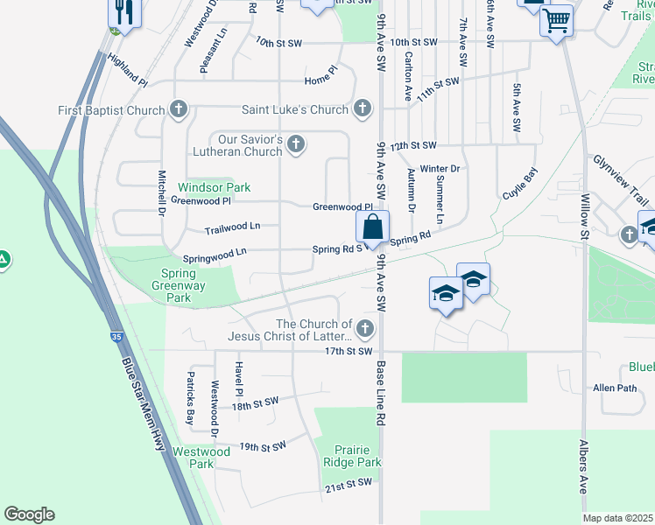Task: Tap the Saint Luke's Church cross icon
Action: click(363, 110)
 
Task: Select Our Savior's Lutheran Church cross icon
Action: click(296, 144)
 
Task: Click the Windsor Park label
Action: click(214, 187)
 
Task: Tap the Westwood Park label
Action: click(201, 458)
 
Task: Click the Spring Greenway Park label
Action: click(173, 285)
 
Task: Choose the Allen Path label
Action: click(614, 388)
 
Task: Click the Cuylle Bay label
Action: click(518, 184)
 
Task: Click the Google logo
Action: click(29, 514)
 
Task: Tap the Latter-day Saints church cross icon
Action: click(365, 330)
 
